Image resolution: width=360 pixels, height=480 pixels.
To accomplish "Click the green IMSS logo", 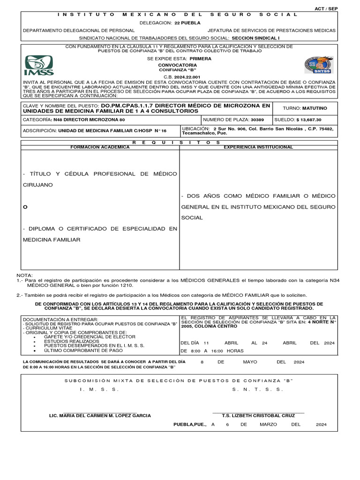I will point(39,65).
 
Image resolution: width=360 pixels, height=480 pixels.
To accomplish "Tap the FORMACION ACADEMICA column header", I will point(99,147).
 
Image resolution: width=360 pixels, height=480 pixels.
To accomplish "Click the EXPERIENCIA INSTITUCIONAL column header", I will point(258,147).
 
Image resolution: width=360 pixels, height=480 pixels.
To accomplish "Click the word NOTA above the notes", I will point(25,275).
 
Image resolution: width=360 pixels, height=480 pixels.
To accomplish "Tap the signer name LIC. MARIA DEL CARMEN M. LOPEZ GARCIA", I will point(100,415).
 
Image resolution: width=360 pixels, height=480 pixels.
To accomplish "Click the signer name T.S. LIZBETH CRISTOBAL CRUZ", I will point(258,415).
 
